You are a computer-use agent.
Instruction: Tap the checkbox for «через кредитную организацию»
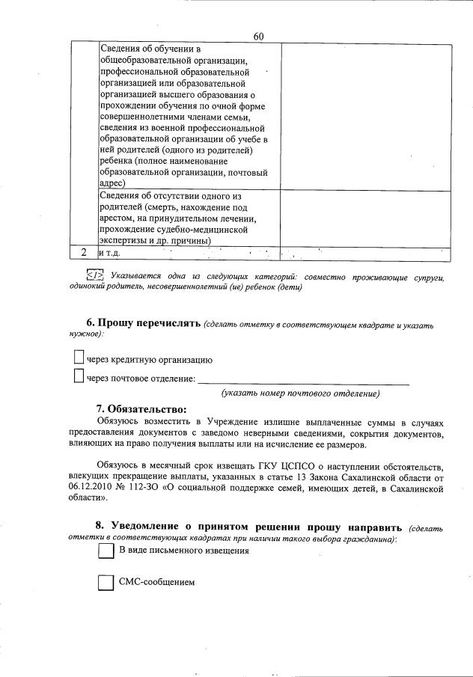click(79, 358)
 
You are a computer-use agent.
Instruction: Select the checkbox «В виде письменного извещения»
click(106, 551)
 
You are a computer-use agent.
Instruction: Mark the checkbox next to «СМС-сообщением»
click(106, 582)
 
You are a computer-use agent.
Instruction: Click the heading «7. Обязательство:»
click(140, 409)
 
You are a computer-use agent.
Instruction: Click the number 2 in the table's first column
click(85, 253)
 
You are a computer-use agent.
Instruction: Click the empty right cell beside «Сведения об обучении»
click(366, 116)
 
